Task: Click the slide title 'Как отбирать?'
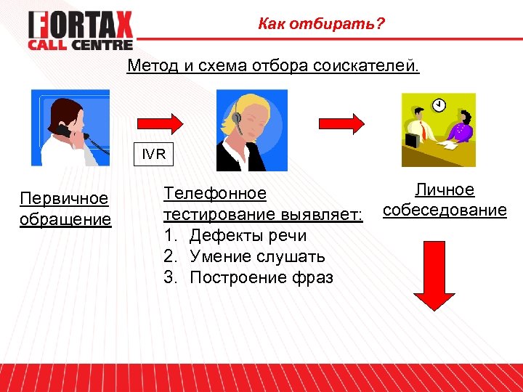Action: pyautogui.click(x=321, y=25)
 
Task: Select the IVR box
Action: pyautogui.click(x=154, y=155)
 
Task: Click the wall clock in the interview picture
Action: pyautogui.click(x=439, y=106)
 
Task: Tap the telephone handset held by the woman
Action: pyautogui.click(x=64, y=131)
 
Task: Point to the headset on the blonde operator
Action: pyautogui.click(x=238, y=116)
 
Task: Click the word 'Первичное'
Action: pyautogui.click(x=64, y=198)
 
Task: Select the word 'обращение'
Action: pyautogui.click(x=65, y=219)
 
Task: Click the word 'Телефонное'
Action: pyautogui.click(x=215, y=194)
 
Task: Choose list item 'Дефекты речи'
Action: pyautogui.click(x=248, y=236)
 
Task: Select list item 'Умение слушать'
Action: pyautogui.click(x=257, y=256)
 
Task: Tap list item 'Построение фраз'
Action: pyautogui.click(x=261, y=277)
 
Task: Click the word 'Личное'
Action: pyautogui.click(x=445, y=190)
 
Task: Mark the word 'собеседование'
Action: pyautogui.click(x=445, y=211)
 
